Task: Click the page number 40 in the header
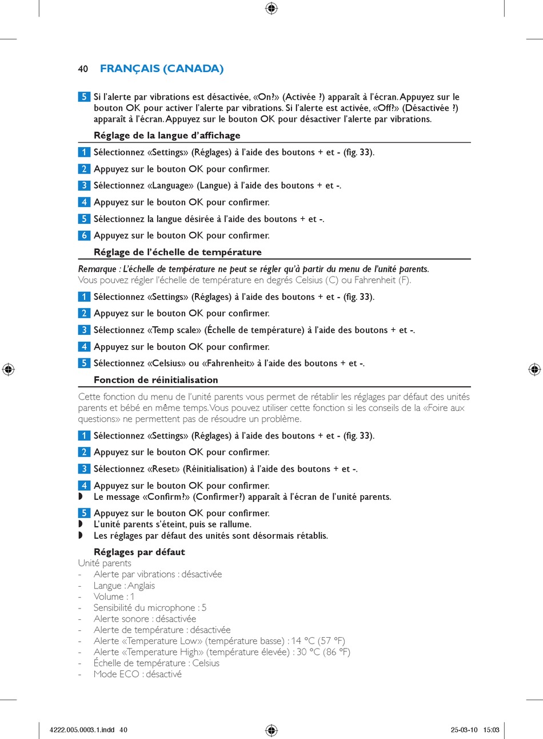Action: (x=83, y=69)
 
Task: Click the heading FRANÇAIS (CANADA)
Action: (x=162, y=69)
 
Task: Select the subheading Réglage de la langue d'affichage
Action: (x=167, y=136)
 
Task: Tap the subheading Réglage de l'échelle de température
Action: (x=177, y=252)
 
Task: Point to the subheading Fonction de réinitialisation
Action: (x=155, y=380)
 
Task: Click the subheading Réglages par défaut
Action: (x=139, y=552)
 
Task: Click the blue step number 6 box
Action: (x=84, y=235)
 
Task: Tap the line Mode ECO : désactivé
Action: (x=137, y=674)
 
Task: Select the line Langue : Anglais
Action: (x=124, y=586)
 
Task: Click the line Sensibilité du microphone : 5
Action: (x=150, y=608)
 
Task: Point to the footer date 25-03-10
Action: (x=464, y=730)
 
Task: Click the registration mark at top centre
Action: (x=271, y=8)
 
